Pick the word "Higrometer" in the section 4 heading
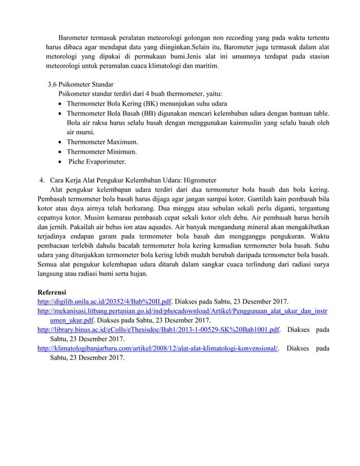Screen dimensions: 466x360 pos(207,180)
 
